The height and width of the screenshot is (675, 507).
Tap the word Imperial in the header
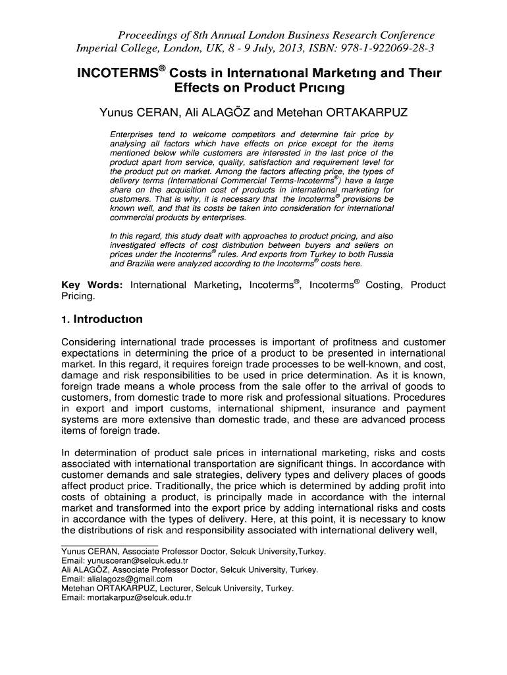point(101,49)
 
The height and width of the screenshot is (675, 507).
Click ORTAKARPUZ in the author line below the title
point(356,113)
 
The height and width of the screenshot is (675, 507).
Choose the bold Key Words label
point(92,285)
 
